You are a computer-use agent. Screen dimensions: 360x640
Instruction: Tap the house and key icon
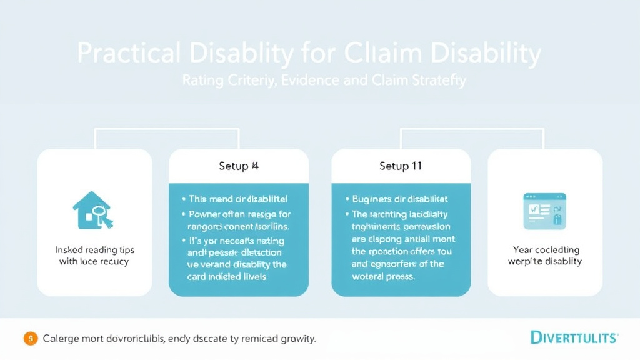click(x=94, y=210)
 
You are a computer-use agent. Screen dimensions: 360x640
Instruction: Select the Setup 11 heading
click(x=401, y=166)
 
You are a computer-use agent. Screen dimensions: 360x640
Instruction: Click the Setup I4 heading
click(x=238, y=166)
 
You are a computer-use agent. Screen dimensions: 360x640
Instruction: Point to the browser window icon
click(x=544, y=210)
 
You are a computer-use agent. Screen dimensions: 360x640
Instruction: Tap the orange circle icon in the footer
click(x=29, y=339)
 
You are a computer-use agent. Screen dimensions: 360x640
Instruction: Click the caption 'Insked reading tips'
click(x=94, y=250)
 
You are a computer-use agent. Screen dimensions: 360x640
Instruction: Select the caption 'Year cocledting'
click(x=544, y=249)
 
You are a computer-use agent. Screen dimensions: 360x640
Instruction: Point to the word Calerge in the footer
click(x=62, y=339)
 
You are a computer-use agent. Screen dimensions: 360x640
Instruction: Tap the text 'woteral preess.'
click(x=383, y=276)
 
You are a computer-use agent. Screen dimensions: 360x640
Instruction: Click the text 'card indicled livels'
click(x=227, y=276)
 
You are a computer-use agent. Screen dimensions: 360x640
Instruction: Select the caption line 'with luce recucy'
click(x=94, y=261)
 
